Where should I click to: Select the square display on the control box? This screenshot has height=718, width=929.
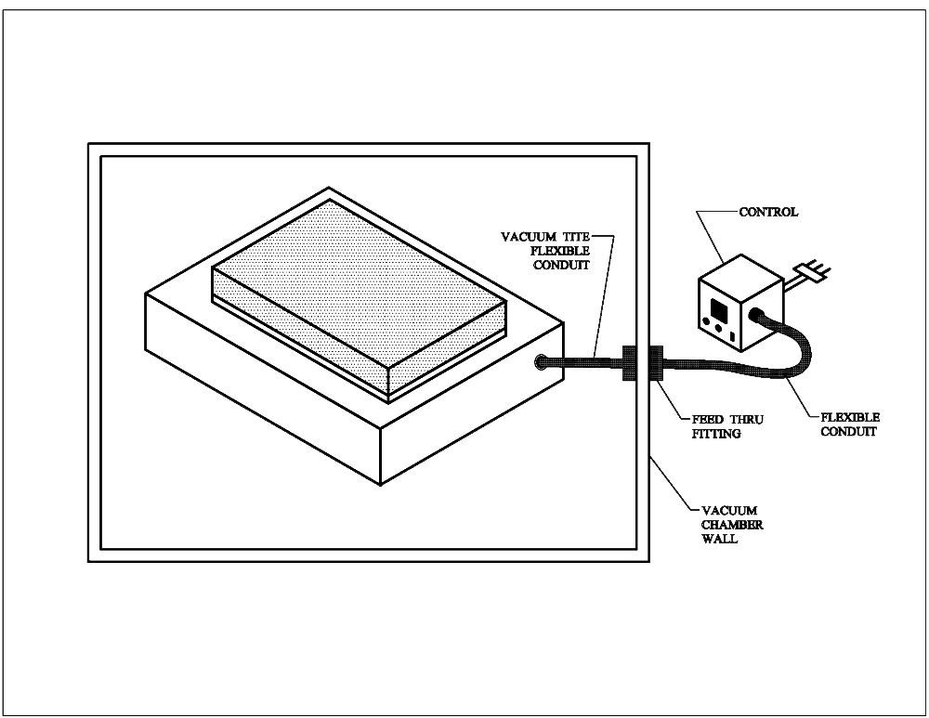pos(720,307)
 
